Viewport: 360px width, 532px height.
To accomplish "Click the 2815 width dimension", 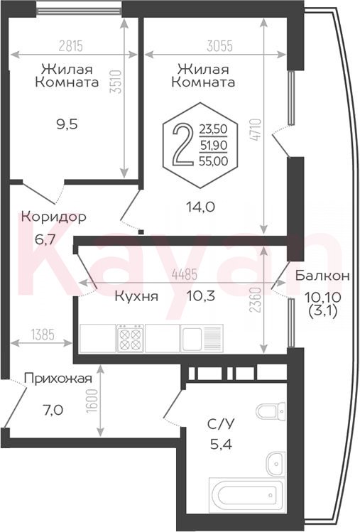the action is [x=71, y=45].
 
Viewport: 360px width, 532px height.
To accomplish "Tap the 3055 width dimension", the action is [x=220, y=45].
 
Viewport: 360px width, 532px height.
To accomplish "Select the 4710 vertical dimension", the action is [x=256, y=129].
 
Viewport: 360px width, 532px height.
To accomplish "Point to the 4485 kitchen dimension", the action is [x=185, y=274].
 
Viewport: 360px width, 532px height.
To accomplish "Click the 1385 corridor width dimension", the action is [x=43, y=335].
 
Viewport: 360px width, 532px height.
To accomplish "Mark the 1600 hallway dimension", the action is [x=92, y=401].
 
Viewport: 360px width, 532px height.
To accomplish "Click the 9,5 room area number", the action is [x=67, y=124].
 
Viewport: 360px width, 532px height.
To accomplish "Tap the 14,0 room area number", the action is [x=200, y=206].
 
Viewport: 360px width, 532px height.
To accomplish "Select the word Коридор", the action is [x=54, y=217].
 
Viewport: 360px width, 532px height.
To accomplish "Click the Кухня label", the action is [x=136, y=296].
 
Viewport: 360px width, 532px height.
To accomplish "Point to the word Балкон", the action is [x=322, y=275].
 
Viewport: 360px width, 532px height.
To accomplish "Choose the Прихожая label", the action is [x=58, y=379].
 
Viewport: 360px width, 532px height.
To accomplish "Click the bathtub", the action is [x=246, y=494].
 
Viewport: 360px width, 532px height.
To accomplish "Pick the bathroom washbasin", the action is [x=276, y=464].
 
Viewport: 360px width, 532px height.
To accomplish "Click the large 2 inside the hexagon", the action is [x=183, y=144].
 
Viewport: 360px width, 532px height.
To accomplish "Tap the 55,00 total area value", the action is [x=214, y=161].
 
